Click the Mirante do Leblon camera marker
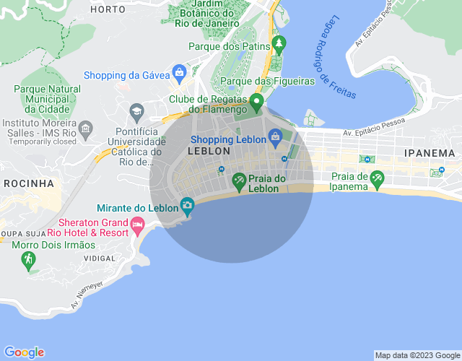(187, 206)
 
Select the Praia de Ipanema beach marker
(376, 179)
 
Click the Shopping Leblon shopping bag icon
(275, 136)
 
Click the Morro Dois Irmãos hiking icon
(28, 259)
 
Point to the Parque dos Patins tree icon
(278, 46)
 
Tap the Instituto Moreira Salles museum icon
(85, 129)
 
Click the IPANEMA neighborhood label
(430, 153)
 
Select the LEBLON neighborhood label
(209, 152)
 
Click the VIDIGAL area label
(99, 258)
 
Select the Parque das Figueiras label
(268, 82)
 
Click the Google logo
(24, 352)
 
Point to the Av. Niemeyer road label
(87, 295)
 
